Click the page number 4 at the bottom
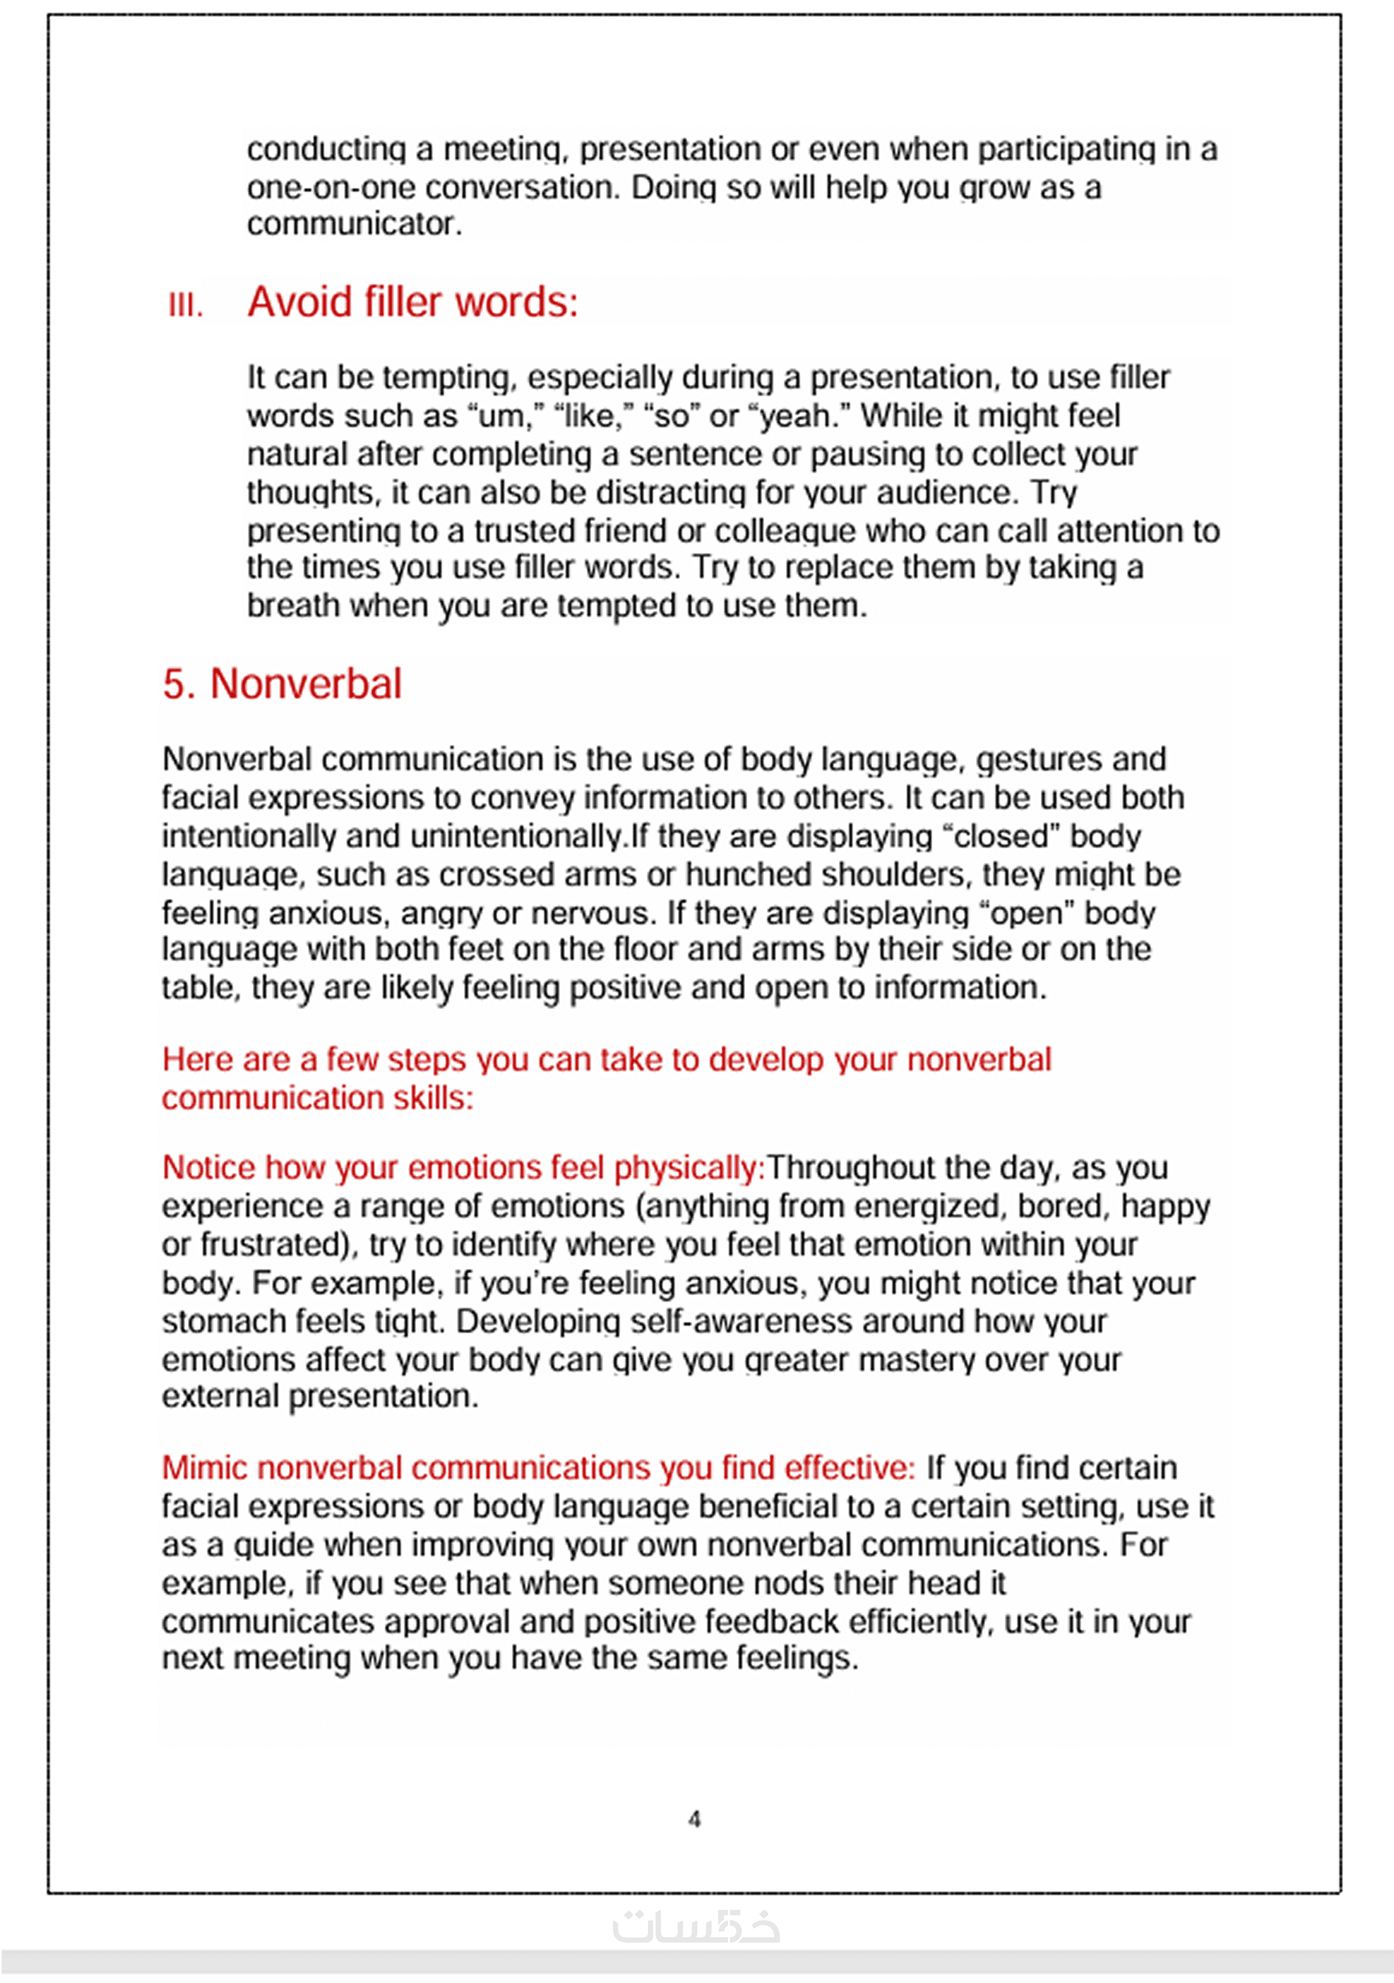[x=694, y=1820]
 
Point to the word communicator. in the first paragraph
[x=354, y=224]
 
